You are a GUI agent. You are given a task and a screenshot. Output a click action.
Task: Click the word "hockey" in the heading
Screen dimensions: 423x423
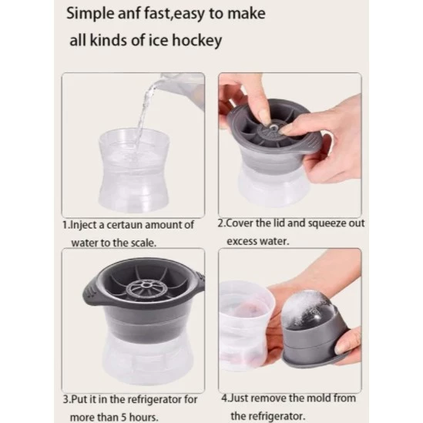click(197, 41)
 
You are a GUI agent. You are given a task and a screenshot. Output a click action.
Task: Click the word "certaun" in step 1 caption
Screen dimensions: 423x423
click(123, 225)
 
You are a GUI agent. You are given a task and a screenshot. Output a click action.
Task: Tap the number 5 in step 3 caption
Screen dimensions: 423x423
click(123, 418)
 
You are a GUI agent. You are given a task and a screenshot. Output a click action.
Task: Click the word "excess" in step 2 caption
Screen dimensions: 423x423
click(242, 241)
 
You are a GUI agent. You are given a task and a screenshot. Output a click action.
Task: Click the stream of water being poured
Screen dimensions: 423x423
click(143, 119)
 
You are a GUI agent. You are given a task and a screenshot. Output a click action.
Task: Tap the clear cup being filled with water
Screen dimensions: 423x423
click(134, 170)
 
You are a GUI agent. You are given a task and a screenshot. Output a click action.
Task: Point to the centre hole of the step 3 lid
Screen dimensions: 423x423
click(146, 285)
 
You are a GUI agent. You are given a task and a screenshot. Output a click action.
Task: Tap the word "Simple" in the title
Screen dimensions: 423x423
click(90, 14)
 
